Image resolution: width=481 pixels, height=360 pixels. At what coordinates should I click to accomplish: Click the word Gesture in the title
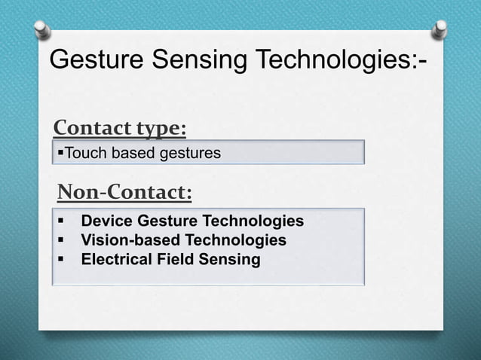click(x=97, y=59)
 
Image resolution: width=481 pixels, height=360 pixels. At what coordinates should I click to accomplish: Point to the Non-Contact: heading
click(x=125, y=194)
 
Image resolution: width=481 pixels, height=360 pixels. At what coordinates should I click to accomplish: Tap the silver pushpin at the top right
click(x=439, y=29)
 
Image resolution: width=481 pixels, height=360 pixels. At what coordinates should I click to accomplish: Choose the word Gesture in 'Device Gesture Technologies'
click(x=166, y=221)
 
